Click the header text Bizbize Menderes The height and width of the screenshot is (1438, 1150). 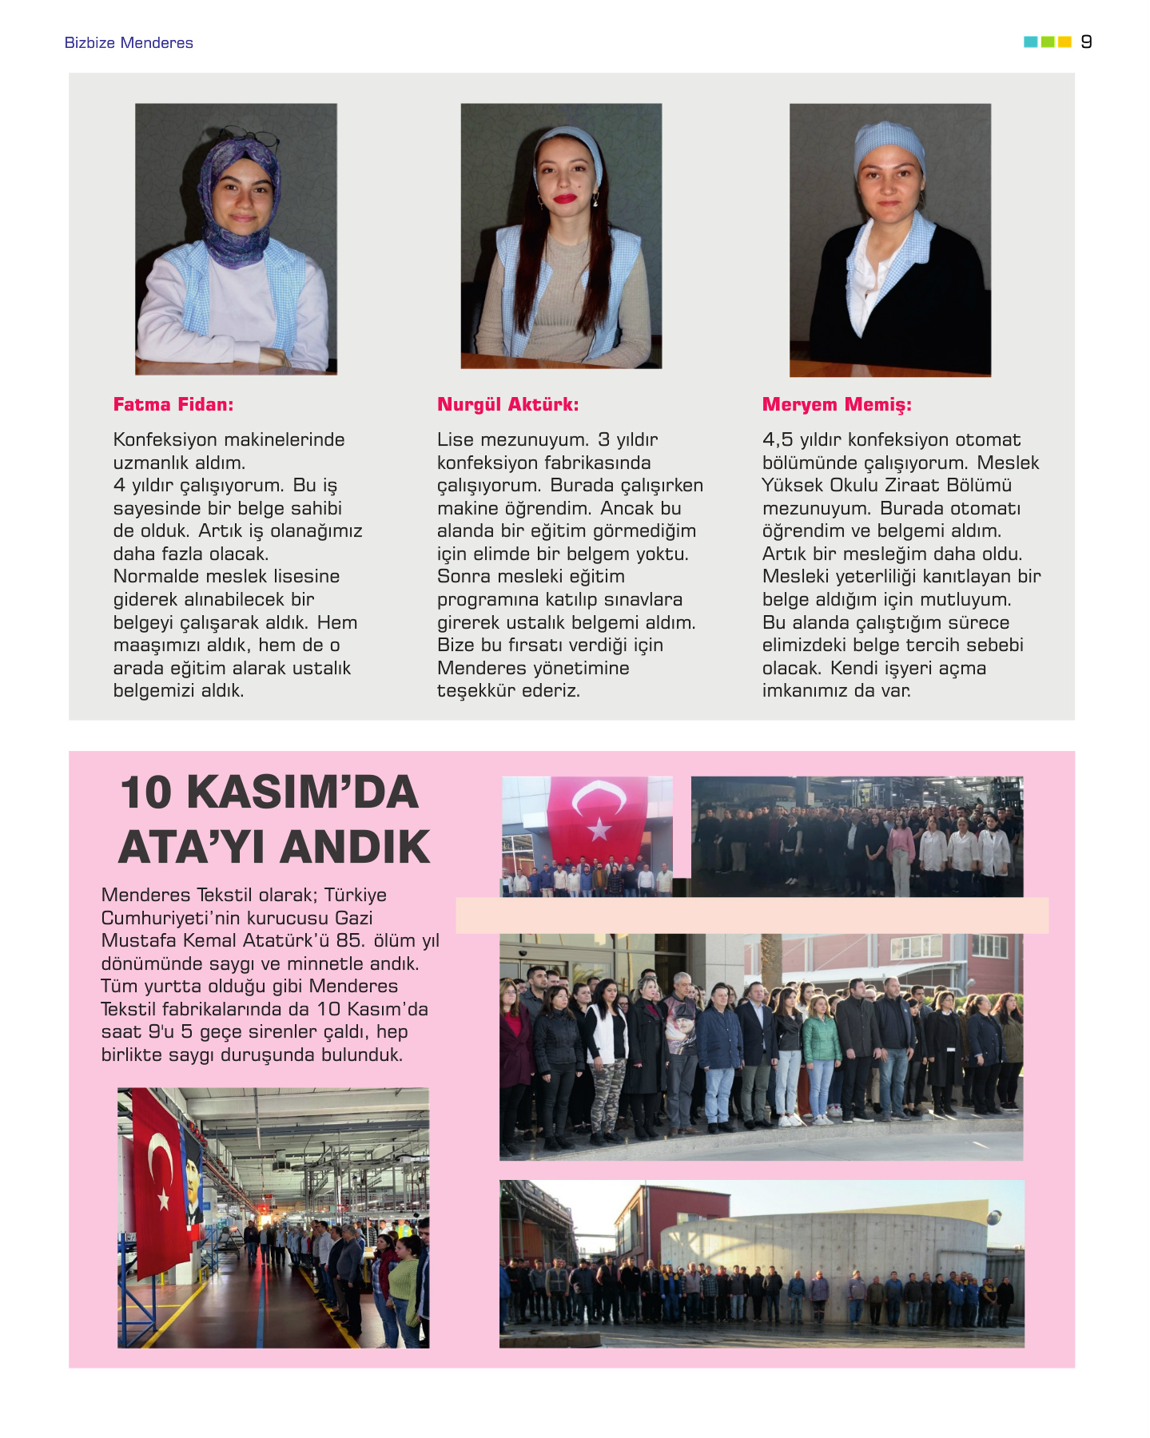click(129, 43)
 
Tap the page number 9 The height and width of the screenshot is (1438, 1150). click(1086, 42)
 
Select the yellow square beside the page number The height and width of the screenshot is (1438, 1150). click(1064, 42)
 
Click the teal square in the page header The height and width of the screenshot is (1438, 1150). click(1030, 42)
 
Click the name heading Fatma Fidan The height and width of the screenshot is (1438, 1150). click(173, 404)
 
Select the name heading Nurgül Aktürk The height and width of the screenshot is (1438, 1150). click(507, 404)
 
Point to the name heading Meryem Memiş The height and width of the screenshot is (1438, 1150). click(837, 404)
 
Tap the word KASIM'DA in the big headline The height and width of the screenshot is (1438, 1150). click(303, 792)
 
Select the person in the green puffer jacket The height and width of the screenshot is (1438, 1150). click(821, 1039)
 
